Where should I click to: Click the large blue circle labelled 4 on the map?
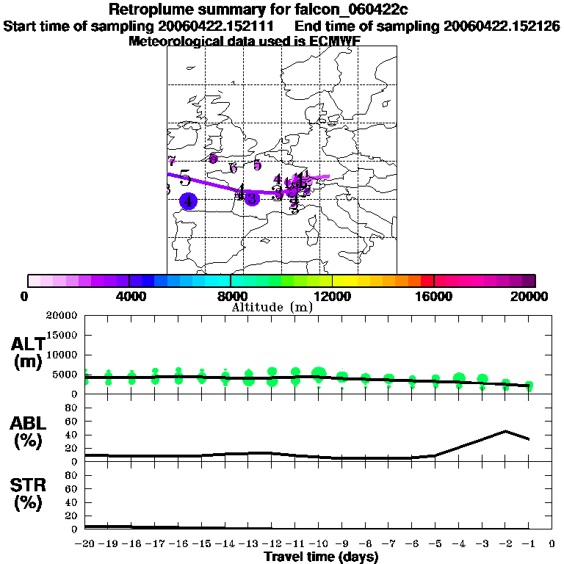[x=189, y=200]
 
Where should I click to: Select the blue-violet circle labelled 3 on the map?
[x=252, y=198]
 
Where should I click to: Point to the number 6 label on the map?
[x=234, y=168]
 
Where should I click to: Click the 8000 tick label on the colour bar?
[x=231, y=296]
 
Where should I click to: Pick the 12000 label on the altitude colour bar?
[x=333, y=296]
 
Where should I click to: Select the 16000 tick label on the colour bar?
[x=434, y=296]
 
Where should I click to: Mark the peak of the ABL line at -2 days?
[x=505, y=431]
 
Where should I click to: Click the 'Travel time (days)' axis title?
[x=321, y=557]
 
